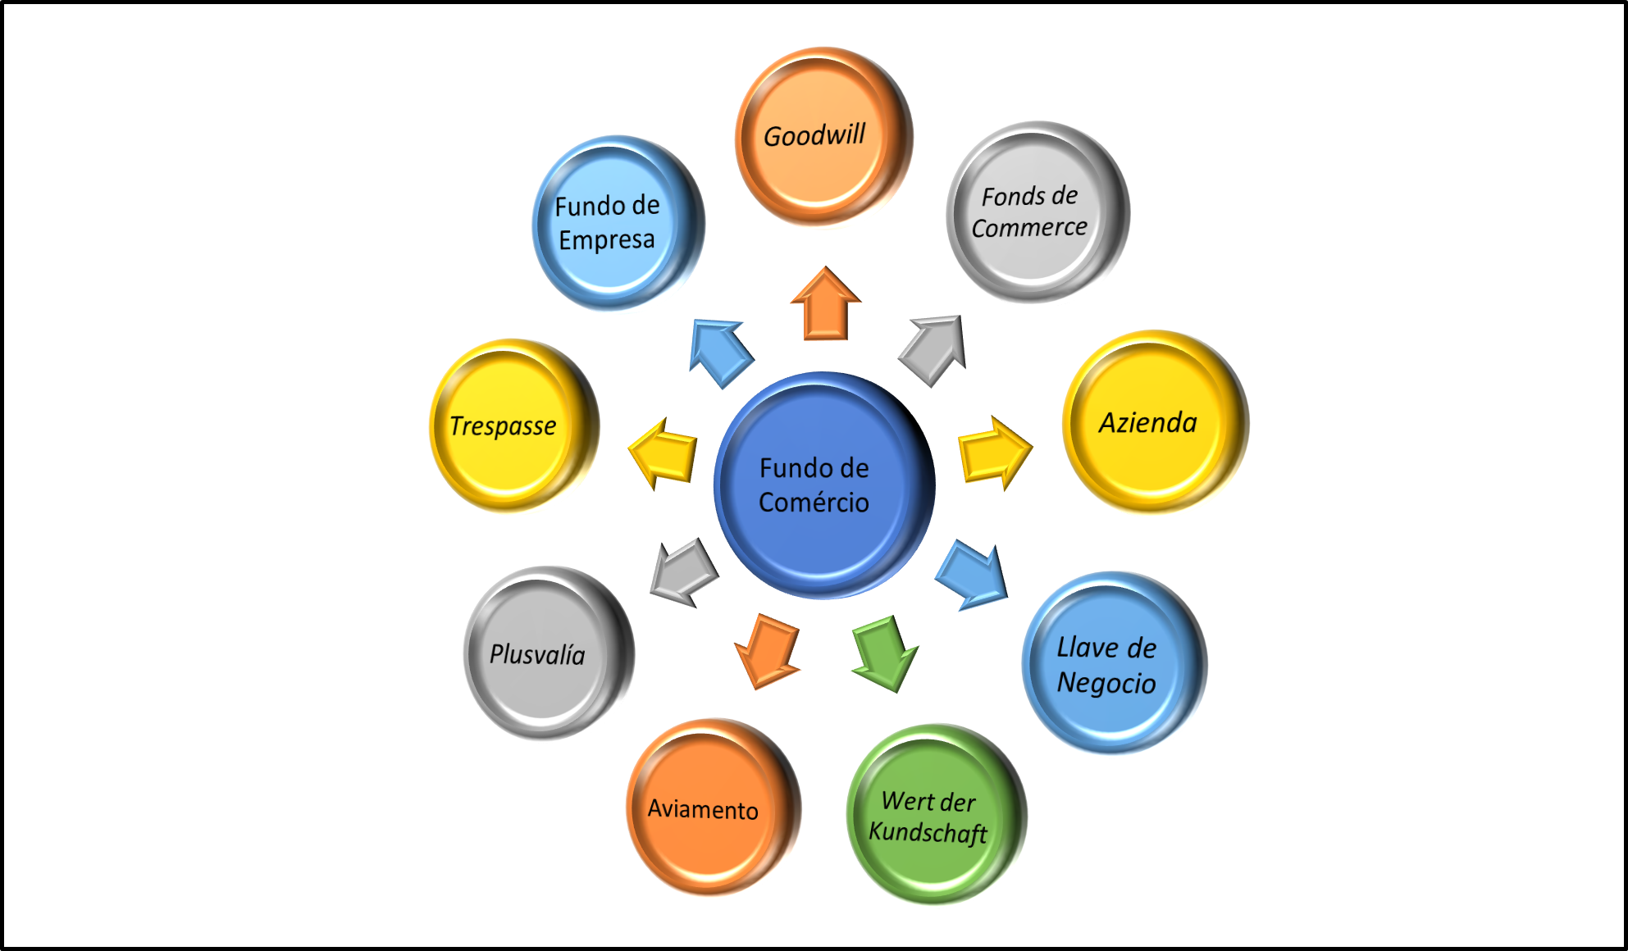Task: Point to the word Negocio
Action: pyautogui.click(x=1106, y=683)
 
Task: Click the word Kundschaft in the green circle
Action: pyautogui.click(x=928, y=832)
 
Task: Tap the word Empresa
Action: pyautogui.click(x=607, y=240)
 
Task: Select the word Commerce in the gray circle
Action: pyautogui.click(x=1029, y=227)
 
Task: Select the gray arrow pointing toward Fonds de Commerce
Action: pyautogui.click(x=934, y=348)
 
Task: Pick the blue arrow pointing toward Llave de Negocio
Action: pyautogui.click(x=973, y=576)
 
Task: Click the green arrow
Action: pyautogui.click(x=885, y=652)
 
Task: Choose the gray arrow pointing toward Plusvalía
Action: pyautogui.click(x=683, y=571)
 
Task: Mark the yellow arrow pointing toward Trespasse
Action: pyautogui.click(x=664, y=453)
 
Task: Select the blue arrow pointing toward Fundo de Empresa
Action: pyautogui.click(x=719, y=352)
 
